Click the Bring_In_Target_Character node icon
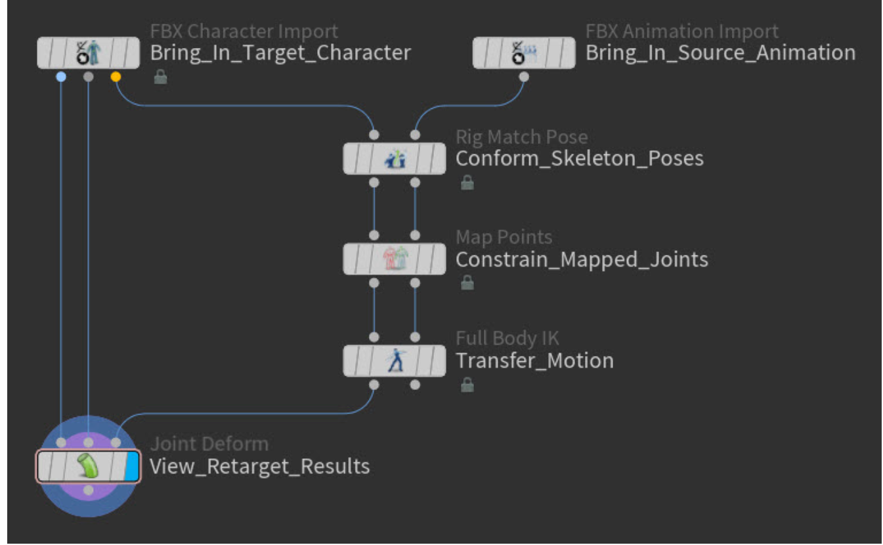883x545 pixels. [88, 53]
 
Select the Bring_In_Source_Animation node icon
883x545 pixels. [524, 53]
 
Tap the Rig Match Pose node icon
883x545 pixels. [394, 159]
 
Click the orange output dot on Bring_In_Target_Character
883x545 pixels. [116, 77]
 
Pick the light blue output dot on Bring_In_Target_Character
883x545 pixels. [61, 77]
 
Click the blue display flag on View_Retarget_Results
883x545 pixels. [132, 467]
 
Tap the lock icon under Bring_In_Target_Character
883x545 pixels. [160, 77]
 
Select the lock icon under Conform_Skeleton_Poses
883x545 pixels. [467, 183]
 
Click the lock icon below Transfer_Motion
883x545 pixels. [467, 385]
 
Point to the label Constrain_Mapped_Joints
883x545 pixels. [582, 260]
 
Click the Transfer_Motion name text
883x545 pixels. [534, 360]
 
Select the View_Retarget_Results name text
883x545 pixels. [259, 467]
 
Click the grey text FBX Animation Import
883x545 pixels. [681, 31]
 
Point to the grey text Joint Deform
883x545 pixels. [209, 444]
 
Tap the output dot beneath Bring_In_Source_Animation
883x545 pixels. [524, 77]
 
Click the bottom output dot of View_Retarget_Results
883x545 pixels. [88, 490]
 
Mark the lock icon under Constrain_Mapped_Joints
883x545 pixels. [467, 283]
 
